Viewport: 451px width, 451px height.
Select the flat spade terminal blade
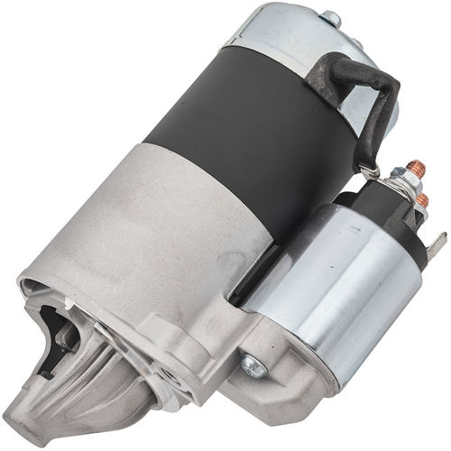click(x=440, y=242)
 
